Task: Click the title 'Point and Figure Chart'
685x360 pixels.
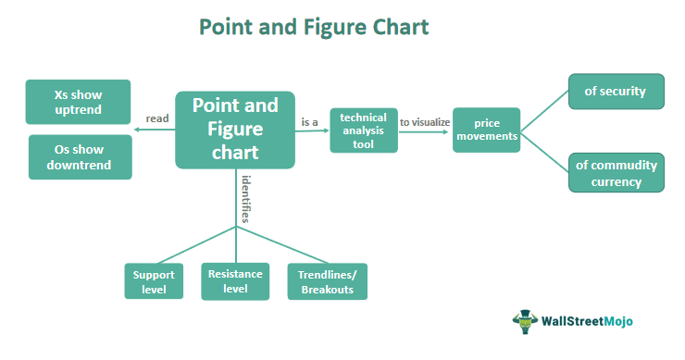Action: (x=315, y=28)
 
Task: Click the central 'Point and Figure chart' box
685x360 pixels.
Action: (x=234, y=130)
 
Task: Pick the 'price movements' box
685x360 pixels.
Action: (x=486, y=130)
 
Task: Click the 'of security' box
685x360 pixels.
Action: (x=616, y=93)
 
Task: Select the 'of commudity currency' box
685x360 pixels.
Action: (x=616, y=173)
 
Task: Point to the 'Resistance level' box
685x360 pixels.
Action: (x=235, y=280)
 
